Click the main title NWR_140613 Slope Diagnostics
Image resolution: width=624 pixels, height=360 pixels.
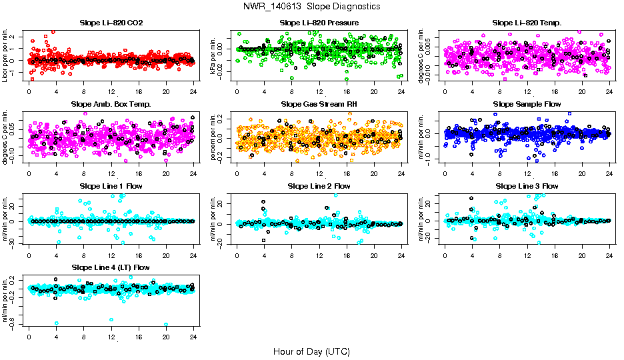click(312, 6)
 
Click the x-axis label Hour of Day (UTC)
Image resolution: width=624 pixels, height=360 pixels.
click(311, 351)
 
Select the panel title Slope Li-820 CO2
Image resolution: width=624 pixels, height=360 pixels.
click(111, 23)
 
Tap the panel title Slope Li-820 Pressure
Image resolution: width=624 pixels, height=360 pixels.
click(319, 23)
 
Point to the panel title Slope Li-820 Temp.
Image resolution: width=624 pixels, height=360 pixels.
click(527, 23)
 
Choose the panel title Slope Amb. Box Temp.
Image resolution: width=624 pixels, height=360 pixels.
click(111, 104)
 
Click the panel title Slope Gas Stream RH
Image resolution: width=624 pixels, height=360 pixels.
click(319, 104)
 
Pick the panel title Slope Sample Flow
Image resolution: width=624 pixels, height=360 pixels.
click(527, 104)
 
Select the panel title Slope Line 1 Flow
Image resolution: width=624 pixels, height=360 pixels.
click(111, 185)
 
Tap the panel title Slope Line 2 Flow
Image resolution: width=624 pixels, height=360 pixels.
click(319, 185)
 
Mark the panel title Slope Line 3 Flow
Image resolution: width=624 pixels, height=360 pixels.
click(527, 185)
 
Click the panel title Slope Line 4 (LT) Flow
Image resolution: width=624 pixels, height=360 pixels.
click(111, 267)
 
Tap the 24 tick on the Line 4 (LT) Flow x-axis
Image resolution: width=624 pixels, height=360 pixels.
click(193, 337)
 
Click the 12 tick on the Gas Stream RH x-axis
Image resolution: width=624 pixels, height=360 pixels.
click(319, 174)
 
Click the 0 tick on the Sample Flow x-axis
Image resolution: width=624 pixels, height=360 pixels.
click(445, 174)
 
